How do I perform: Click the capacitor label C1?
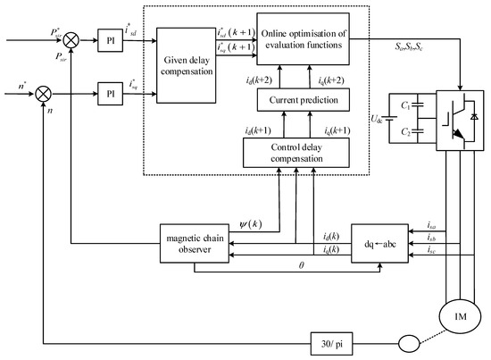coord(405,105)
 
